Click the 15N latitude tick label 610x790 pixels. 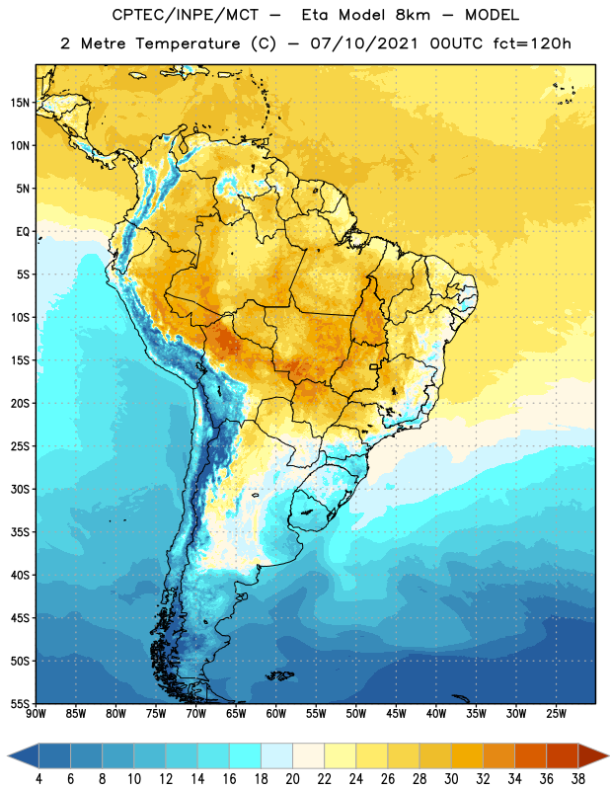pos(20,103)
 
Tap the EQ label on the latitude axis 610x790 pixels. pos(23,232)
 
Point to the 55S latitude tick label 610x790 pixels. pos(20,703)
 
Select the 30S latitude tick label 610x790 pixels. pos(20,489)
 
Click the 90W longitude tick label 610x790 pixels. pos(36,713)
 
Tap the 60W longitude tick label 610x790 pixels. pos(276,713)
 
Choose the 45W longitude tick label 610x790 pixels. pos(396,713)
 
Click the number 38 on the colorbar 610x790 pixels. pos(577,779)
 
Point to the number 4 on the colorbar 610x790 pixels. pos(38,779)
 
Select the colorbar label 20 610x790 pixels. pos(292,779)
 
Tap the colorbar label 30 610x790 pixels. pos(451,779)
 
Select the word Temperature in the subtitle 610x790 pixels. pos(188,43)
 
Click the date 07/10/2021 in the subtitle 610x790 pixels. pos(364,43)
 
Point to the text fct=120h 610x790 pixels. pos(532,43)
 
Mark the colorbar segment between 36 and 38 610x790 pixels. pos(563,755)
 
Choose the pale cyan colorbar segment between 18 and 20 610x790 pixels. pos(277,755)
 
